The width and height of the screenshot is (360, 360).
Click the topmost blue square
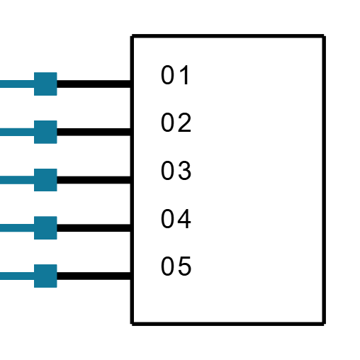(45, 84)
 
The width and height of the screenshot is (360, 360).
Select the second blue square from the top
(45, 132)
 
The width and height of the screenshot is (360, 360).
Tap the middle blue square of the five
(45, 180)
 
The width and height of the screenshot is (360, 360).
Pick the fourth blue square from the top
(45, 227)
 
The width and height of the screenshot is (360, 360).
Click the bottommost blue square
(45, 276)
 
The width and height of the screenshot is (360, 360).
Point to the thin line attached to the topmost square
(16, 84)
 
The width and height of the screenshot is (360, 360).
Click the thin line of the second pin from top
(16, 132)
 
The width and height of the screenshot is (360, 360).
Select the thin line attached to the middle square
(16, 180)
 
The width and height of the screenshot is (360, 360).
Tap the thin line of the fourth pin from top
(16, 227)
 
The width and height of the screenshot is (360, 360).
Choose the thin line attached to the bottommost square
(16, 276)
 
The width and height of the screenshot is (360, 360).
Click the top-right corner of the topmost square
(57, 72)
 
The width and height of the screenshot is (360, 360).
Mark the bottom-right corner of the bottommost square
(57, 287)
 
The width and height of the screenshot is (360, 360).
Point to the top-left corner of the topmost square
(34, 72)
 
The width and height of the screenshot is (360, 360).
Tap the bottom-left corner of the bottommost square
(34, 287)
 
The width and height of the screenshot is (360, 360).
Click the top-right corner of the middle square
(57, 169)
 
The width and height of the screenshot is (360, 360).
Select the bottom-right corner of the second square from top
(57, 143)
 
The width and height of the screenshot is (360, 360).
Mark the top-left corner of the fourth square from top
(34, 216)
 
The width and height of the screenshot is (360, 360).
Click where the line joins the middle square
(34, 180)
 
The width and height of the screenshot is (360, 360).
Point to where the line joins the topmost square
(34, 84)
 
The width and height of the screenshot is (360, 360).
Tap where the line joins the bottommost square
(34, 276)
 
